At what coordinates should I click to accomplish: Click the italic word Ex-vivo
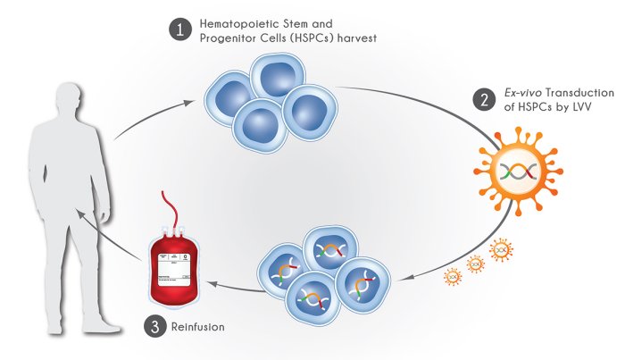click(x=518, y=93)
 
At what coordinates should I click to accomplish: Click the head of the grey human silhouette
click(x=71, y=98)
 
